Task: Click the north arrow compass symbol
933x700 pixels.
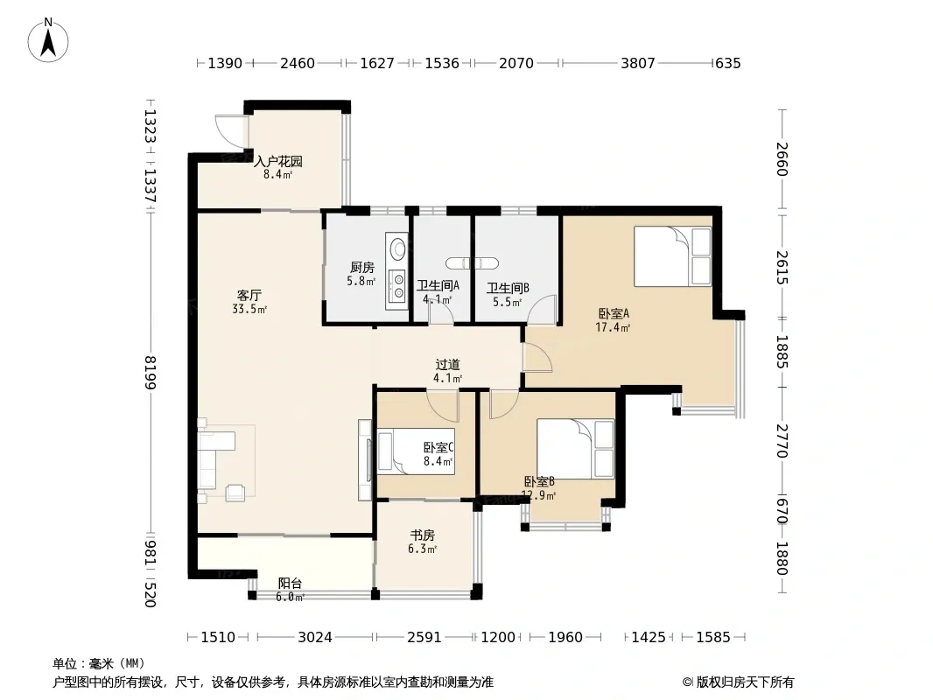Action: pyautogui.click(x=48, y=40)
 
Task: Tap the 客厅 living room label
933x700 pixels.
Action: pyautogui.click(x=249, y=296)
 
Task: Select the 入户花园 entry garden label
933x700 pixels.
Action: pyautogui.click(x=277, y=161)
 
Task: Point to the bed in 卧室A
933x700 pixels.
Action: pyautogui.click(x=672, y=256)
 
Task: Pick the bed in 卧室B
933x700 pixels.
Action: pyautogui.click(x=575, y=448)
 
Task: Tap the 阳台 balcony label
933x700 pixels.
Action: pyautogui.click(x=291, y=584)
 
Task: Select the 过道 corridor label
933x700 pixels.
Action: pyautogui.click(x=447, y=365)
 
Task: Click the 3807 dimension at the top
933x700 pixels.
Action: pyautogui.click(x=637, y=63)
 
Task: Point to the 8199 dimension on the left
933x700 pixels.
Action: pyautogui.click(x=150, y=372)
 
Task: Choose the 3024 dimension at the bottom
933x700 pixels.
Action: pyautogui.click(x=315, y=638)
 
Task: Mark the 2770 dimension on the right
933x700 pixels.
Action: pyautogui.click(x=782, y=441)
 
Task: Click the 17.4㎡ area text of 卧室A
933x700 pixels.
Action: pyautogui.click(x=613, y=327)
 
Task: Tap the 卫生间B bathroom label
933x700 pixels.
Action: pyautogui.click(x=509, y=289)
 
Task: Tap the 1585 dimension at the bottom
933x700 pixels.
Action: pyautogui.click(x=712, y=638)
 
